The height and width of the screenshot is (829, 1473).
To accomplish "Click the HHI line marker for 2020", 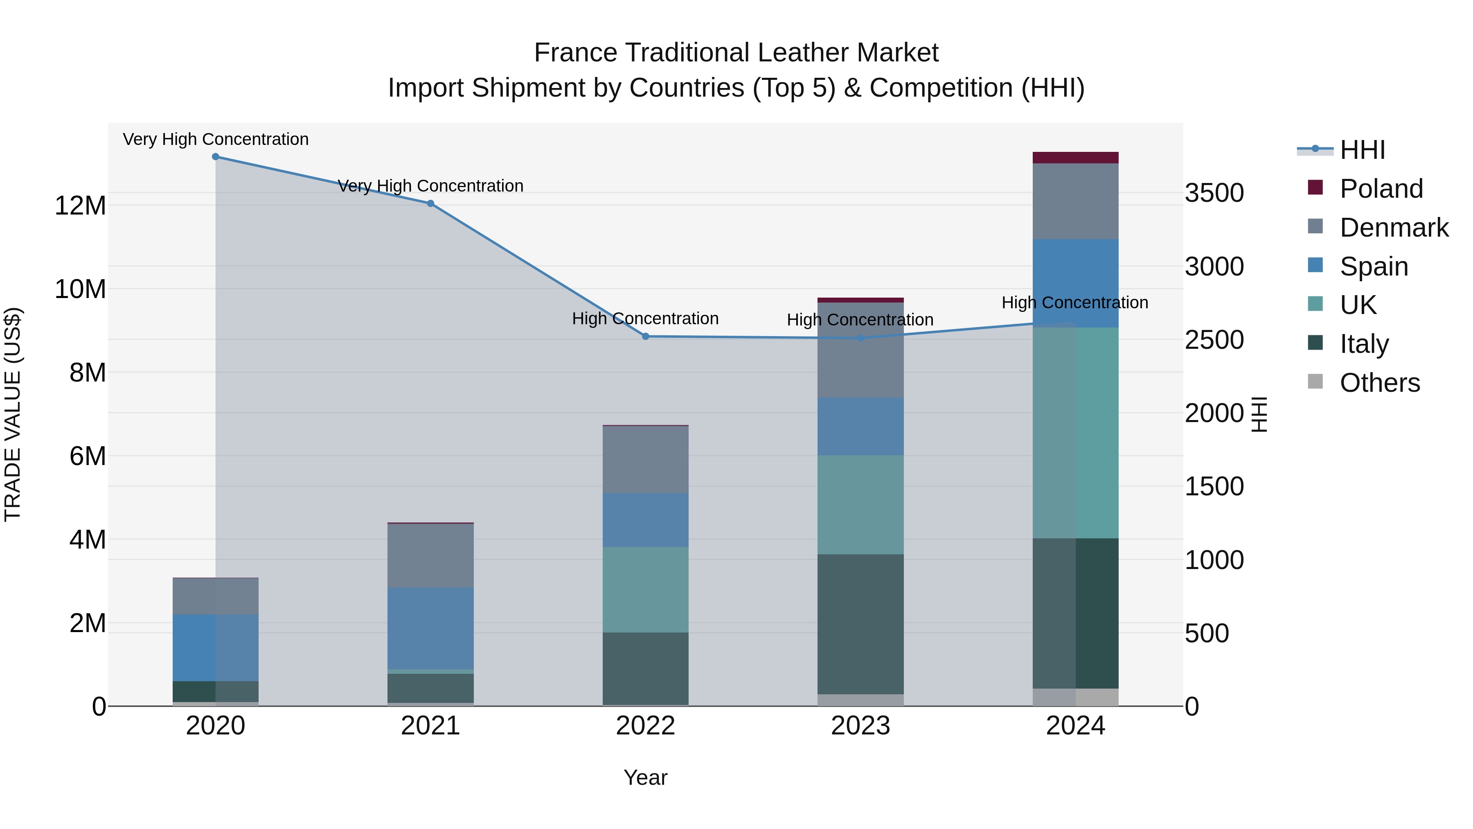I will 216,157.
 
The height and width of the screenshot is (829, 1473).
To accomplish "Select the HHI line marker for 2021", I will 430,204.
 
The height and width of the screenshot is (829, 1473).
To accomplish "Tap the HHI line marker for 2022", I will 646,337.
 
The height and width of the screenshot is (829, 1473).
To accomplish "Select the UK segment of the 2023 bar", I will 860,505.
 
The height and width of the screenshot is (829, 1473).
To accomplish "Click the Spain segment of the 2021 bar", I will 430,628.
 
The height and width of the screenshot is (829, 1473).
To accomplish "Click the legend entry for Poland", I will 1381,189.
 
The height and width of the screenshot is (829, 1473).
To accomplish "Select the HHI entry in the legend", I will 1362,150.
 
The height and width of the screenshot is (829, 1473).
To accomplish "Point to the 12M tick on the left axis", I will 80,206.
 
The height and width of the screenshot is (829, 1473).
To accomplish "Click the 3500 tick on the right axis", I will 1214,193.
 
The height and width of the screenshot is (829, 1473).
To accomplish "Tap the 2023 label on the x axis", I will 860,726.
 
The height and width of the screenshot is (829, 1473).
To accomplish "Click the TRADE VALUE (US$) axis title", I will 13,414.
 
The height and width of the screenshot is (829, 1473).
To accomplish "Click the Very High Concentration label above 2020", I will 216,139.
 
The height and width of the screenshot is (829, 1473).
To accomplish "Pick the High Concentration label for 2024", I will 1074,302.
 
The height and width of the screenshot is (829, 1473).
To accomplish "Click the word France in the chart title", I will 576,53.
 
